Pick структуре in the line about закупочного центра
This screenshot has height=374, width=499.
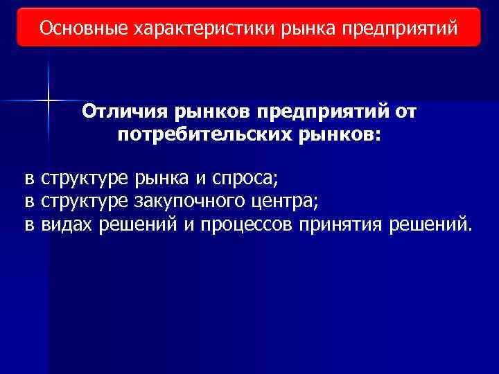coord(84,202)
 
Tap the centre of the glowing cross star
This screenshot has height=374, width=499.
coord(49,101)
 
